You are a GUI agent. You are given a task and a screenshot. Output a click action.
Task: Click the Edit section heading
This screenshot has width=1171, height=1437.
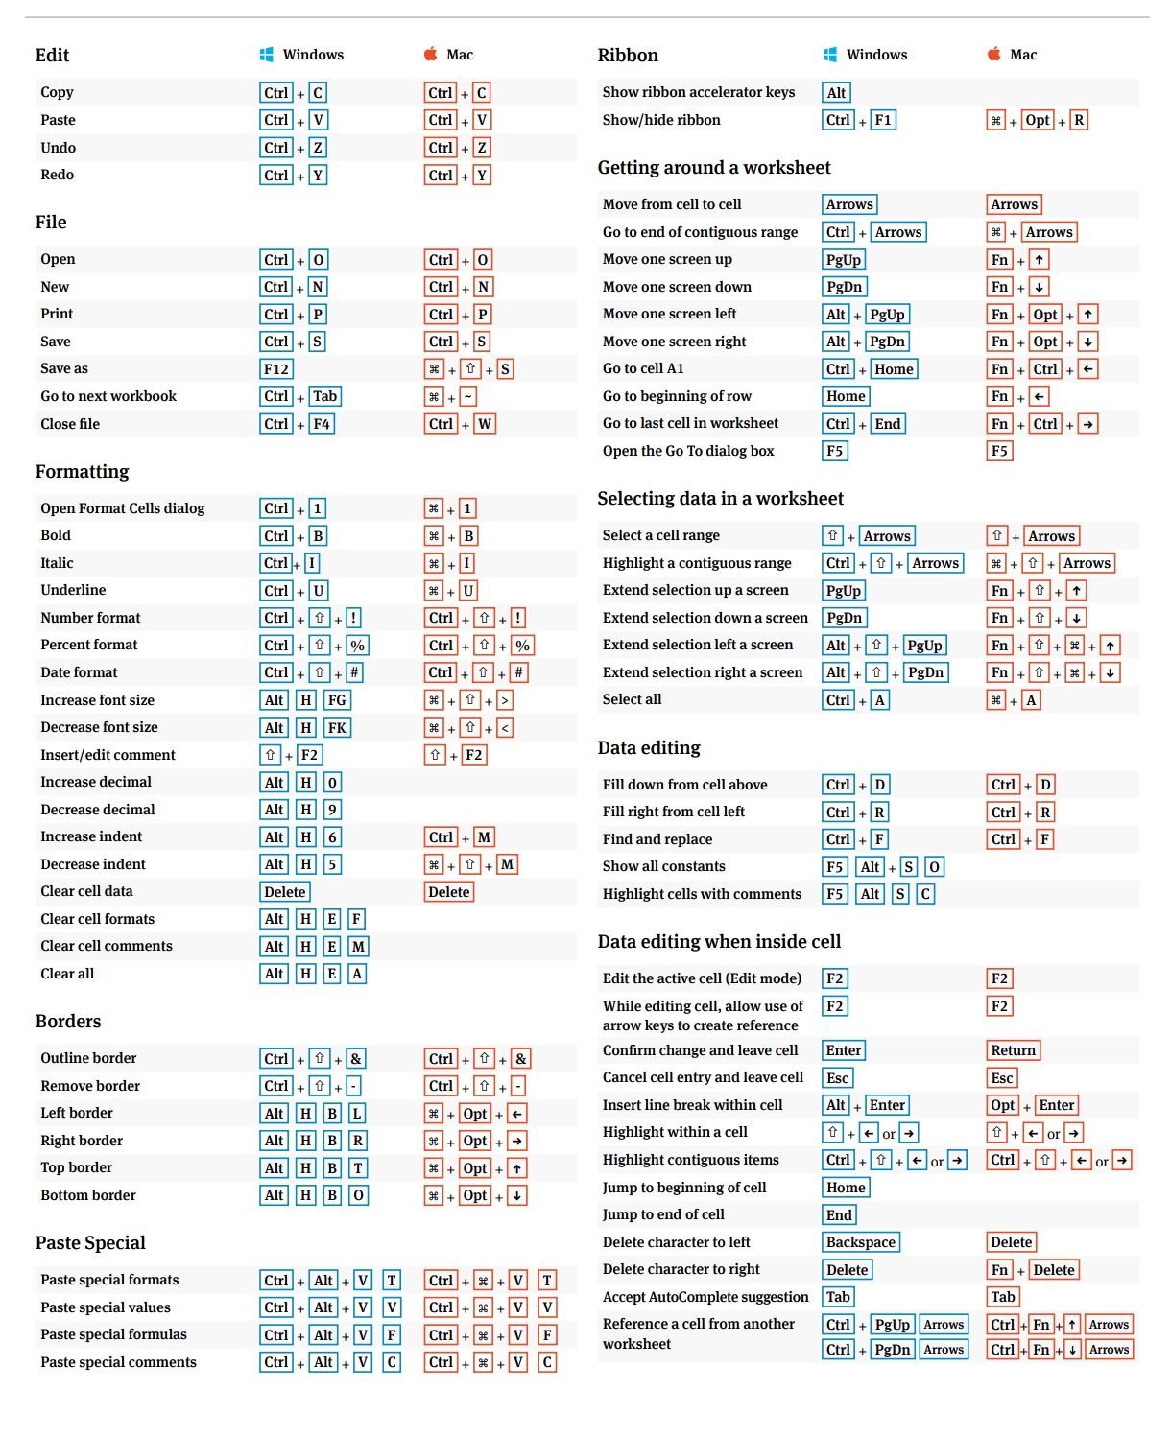[52, 56]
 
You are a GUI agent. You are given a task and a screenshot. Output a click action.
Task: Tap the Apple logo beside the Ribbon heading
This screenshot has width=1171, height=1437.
[994, 55]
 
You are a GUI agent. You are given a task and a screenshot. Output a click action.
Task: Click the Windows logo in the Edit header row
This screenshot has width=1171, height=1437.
[266, 55]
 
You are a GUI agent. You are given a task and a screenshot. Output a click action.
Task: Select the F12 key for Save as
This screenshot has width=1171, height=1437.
[276, 369]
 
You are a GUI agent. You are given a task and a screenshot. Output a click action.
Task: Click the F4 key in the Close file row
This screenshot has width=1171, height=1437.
[322, 424]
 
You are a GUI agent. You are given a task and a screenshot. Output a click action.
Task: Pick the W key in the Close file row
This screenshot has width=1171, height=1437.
[485, 424]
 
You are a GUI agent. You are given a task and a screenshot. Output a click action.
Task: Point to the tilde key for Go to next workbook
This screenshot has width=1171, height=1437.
[468, 397]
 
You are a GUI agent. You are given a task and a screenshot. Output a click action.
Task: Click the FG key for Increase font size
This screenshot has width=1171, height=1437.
[337, 700]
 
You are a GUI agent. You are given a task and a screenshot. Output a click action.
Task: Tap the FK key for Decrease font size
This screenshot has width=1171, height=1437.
[337, 728]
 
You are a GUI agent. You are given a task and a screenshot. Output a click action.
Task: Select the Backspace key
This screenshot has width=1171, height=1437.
[861, 1242]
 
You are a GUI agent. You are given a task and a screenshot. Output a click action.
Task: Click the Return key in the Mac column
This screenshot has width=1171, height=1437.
[1014, 1050]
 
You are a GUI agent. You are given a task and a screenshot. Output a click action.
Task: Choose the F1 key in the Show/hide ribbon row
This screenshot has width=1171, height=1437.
[883, 120]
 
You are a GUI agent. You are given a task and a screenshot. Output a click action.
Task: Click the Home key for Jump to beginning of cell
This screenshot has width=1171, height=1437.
[846, 1188]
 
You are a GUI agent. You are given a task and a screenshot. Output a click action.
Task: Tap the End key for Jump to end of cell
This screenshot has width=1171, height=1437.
[839, 1215]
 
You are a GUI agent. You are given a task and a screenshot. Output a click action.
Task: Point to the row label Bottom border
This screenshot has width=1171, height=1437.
[88, 1195]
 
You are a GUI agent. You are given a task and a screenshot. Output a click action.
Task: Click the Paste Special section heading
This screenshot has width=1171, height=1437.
[90, 1243]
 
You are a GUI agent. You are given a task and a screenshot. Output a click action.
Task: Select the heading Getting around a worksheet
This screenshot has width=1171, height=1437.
[714, 168]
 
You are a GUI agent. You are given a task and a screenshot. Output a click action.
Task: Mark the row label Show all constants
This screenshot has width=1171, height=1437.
[664, 866]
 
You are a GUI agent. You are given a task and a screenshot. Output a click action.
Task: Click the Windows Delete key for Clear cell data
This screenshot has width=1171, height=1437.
[285, 892]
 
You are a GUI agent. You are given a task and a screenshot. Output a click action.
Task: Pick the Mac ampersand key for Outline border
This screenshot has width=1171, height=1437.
[521, 1059]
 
